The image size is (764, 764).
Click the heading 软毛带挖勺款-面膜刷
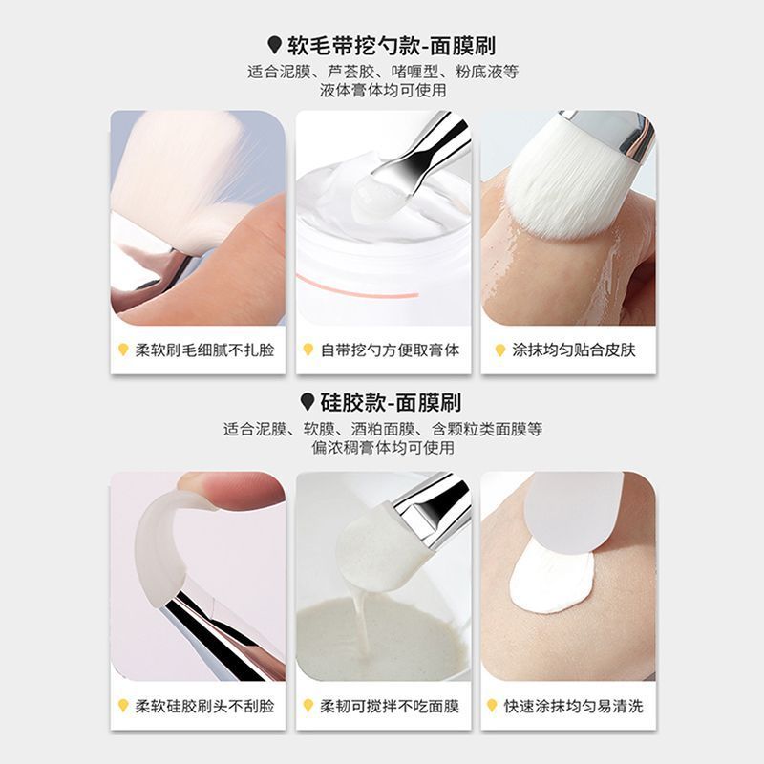392,46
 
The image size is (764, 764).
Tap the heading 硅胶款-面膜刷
391,402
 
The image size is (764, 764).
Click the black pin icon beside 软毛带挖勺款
275,45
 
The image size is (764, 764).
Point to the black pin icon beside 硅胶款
307,402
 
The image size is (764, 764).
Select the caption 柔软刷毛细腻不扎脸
204,350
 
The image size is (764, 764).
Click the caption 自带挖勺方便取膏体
390,350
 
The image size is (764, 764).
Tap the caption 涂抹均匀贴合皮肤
574,350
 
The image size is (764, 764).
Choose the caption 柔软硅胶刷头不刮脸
204,706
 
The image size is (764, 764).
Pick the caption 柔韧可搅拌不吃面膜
390,706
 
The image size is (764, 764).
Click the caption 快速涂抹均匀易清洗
574,706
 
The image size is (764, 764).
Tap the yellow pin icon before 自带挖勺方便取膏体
308,350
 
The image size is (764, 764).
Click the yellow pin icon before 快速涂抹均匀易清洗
492,706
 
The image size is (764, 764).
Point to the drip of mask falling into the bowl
361,615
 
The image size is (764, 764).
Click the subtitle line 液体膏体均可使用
383,90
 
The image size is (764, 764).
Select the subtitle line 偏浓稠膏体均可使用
383,447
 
